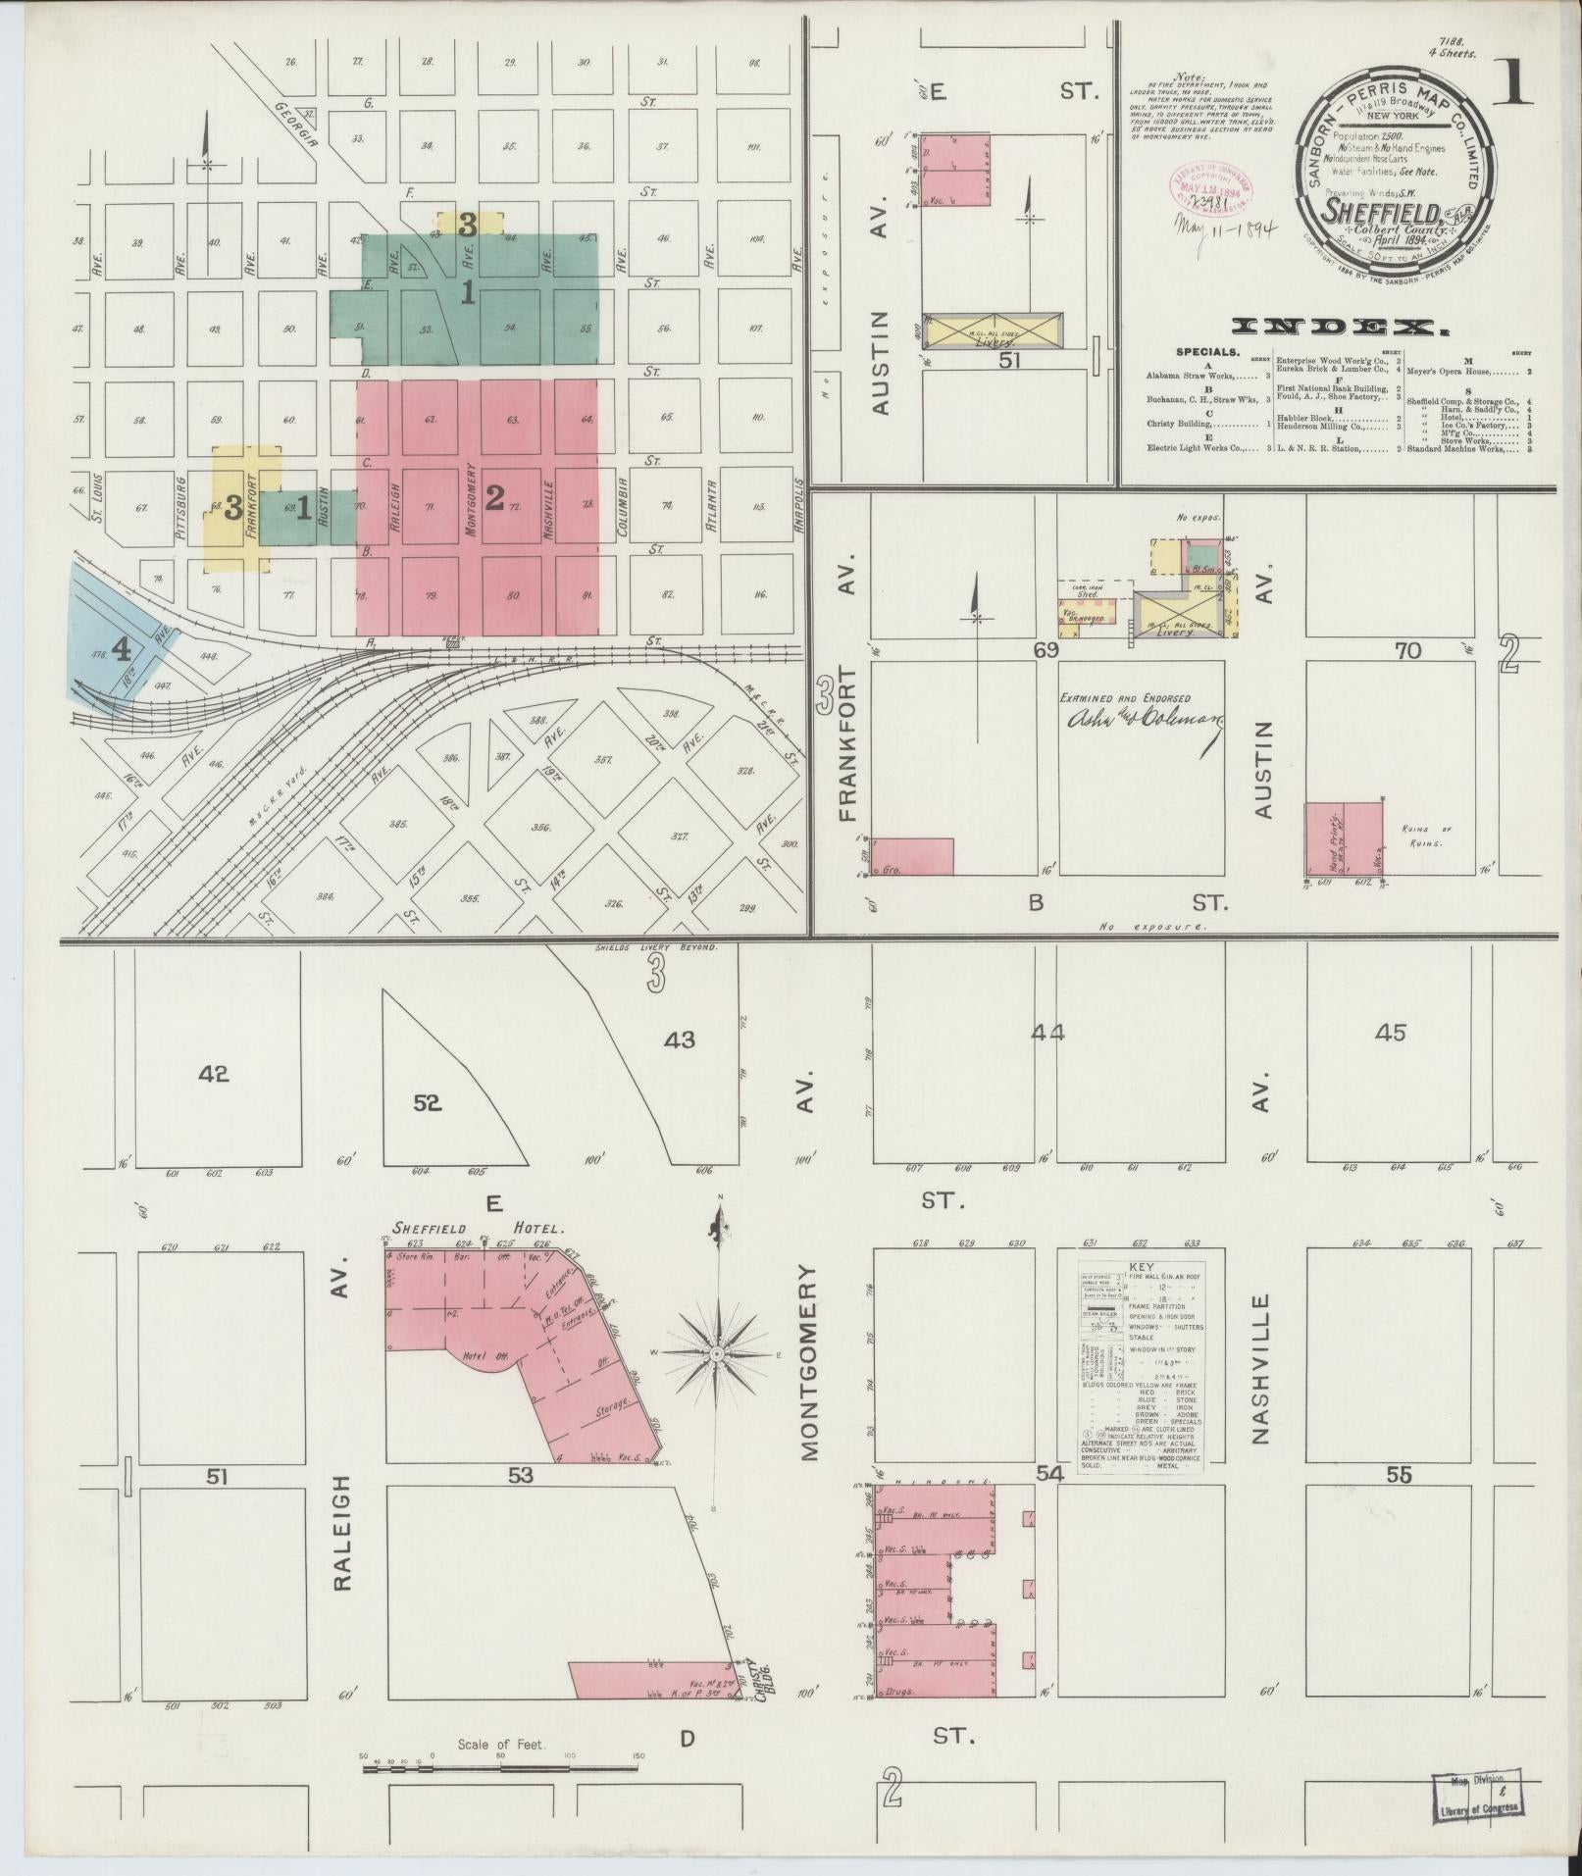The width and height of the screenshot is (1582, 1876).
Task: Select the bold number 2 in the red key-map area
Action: (x=493, y=498)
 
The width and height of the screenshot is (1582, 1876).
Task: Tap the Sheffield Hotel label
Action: (x=477, y=1228)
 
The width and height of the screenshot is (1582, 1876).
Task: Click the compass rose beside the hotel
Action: (x=717, y=1353)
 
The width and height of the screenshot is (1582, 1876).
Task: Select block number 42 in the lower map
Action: (x=213, y=1074)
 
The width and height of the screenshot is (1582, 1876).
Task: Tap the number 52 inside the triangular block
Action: (x=427, y=1103)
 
